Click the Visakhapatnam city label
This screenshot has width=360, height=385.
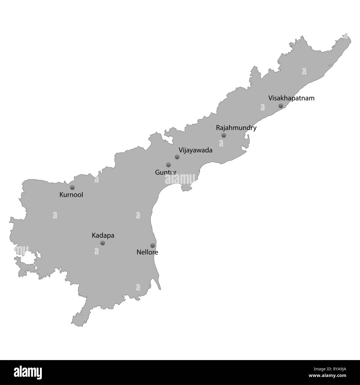(x=291, y=98)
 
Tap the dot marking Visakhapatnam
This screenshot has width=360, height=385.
(x=281, y=106)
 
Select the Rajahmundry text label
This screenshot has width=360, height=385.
(x=236, y=128)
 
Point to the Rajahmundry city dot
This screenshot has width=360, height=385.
(x=224, y=135)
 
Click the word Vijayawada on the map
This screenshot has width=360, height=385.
(x=196, y=150)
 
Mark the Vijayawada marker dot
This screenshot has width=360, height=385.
(x=177, y=157)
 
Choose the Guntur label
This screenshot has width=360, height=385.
(x=166, y=172)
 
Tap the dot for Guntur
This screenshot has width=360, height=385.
(x=168, y=165)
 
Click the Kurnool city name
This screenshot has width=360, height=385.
(x=71, y=195)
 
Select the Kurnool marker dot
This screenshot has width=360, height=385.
(x=72, y=188)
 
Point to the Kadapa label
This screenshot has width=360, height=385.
(x=103, y=235)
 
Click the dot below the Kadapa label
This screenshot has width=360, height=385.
(x=102, y=243)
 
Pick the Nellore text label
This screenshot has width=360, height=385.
(x=147, y=252)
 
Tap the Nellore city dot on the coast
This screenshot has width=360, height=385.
(x=153, y=245)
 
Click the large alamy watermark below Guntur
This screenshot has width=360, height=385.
(x=180, y=179)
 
